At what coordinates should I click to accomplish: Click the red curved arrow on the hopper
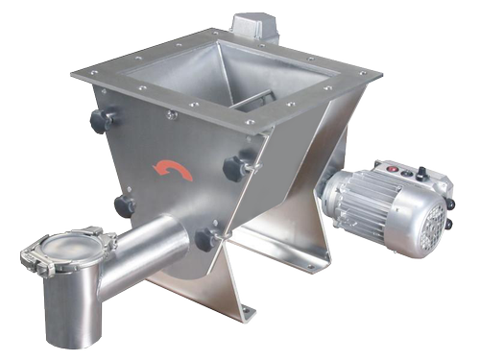coord(175,171)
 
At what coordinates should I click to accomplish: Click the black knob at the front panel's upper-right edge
coord(234,169)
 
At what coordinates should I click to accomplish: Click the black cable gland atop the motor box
coord(403,174)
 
